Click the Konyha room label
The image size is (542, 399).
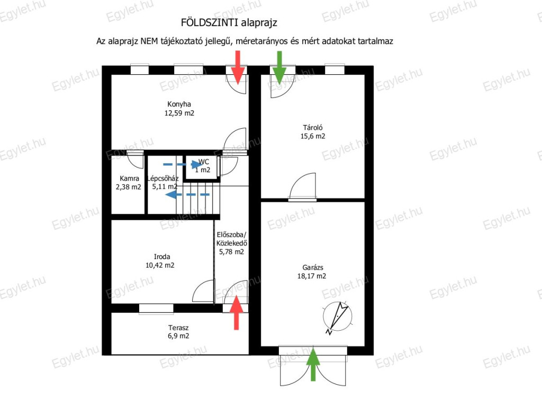pos(179,104)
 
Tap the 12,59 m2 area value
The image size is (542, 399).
pos(179,113)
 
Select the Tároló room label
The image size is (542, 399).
pos(312,127)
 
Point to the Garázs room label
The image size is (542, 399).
pos(312,267)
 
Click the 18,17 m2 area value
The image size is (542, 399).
pos(311,276)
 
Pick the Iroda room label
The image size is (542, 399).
pos(162,256)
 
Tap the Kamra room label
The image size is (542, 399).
pos(129,178)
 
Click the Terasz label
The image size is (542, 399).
pos(178,327)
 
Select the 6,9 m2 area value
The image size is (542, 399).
pos(178,335)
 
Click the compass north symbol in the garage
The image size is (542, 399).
pos(337,317)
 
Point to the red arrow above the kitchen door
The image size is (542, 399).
pos(238,67)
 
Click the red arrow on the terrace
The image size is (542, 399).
pos(237,313)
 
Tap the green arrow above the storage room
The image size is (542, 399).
pos(279,67)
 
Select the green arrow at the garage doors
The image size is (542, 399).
pos(313,365)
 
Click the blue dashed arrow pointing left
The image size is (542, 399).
pos(187,195)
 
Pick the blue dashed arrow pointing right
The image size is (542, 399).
pos(183,164)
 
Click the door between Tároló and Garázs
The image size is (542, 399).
pos(302,187)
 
